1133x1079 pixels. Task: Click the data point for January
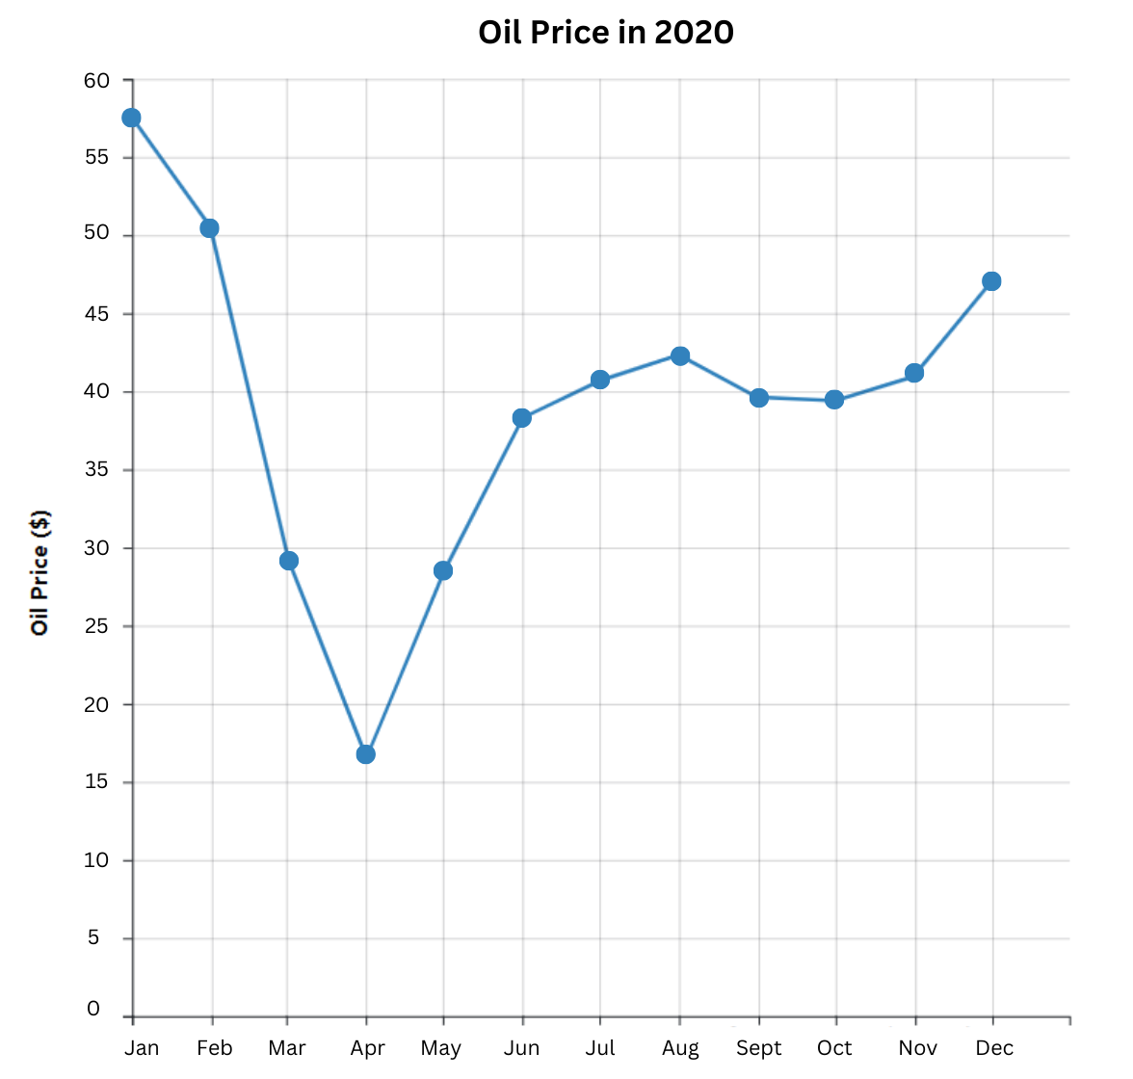131,118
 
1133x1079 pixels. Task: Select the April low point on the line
365,753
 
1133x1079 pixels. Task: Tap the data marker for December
991,281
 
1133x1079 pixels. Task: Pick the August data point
680,356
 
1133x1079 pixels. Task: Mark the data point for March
289,561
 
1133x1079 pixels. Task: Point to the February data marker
209,228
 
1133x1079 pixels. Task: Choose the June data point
522,418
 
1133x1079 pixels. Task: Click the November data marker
914,373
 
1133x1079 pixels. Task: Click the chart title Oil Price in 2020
606,33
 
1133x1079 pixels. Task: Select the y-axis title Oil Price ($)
40,572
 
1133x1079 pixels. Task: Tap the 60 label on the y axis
96,80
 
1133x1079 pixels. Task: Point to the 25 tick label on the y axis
96,626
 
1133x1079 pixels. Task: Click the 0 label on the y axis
93,1009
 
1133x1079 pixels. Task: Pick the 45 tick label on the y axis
96,314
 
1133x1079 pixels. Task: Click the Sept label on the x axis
758,1048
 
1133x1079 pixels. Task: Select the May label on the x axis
440,1048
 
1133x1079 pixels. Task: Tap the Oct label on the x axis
834,1048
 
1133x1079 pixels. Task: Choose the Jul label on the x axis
599,1048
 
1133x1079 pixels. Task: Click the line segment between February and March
249,394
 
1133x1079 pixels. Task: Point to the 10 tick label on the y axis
96,860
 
